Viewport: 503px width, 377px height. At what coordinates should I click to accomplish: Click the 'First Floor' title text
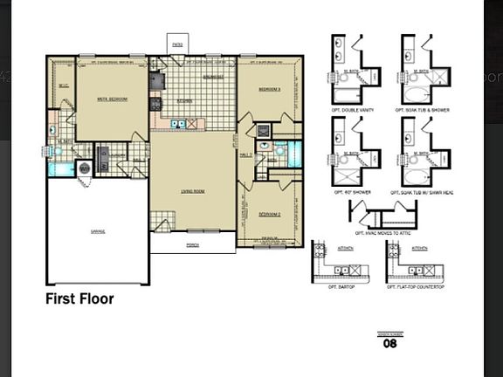79,299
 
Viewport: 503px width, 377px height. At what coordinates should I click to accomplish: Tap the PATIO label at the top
177,43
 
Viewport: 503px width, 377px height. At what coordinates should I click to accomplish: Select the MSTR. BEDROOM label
112,99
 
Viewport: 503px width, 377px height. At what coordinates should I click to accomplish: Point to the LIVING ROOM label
192,190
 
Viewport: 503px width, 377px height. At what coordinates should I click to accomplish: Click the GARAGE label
97,231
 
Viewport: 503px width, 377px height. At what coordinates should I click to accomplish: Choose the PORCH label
192,245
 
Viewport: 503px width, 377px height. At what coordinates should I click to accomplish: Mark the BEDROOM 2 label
269,213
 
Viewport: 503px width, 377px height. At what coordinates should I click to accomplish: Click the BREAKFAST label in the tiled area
214,77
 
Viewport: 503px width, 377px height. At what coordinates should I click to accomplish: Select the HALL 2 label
245,154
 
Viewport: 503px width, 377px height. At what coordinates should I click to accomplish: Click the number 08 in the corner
390,343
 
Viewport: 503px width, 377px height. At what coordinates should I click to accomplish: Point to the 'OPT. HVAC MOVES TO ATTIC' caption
382,233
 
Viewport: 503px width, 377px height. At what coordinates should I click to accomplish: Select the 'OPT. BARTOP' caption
338,286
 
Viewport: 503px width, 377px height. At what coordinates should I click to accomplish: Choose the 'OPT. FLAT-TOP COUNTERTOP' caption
413,286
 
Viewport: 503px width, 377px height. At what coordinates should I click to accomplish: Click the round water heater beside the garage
85,168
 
